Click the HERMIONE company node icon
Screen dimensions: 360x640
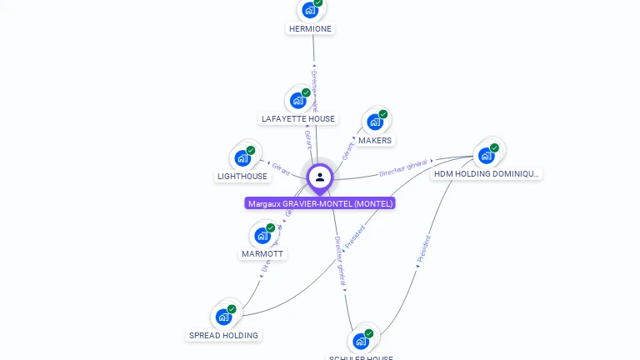(310, 10)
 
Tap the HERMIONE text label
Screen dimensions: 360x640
(310, 28)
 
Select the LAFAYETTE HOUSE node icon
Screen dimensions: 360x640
(297, 100)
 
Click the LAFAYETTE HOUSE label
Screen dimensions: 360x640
(298, 119)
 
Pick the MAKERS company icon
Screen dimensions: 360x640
(375, 122)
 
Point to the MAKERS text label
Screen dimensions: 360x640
(375, 141)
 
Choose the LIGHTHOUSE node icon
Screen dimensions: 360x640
(242, 157)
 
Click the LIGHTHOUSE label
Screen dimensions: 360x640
(242, 177)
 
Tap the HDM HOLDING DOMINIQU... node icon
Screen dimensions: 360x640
(487, 155)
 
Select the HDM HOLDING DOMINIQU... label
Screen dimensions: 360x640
(487, 174)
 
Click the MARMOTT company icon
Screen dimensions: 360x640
(262, 235)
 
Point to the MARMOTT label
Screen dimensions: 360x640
(262, 254)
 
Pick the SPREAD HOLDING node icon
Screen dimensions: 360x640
(223, 317)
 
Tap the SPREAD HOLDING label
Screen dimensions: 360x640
(223, 336)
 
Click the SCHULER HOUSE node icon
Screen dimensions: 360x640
(361, 340)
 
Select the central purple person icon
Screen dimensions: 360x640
(320, 177)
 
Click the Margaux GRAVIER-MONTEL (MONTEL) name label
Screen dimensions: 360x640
(320, 203)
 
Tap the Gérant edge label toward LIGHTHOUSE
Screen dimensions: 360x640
(281, 169)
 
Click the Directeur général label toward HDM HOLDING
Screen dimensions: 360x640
(403, 167)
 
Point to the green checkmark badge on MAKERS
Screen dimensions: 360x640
(383, 114)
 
